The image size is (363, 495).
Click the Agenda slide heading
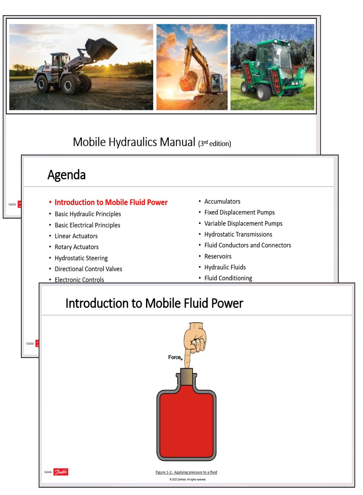66,175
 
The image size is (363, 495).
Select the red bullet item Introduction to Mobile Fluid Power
111,202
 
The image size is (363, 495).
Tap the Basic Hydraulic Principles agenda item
88,214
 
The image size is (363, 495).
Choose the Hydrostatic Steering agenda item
81,258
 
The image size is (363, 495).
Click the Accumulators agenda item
222,201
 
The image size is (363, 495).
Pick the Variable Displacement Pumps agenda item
243,223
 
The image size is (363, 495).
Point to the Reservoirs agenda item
218,256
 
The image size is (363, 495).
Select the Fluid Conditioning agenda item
228,278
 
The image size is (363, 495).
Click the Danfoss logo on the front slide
61,472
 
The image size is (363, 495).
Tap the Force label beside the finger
175,357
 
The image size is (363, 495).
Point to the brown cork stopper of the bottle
187,376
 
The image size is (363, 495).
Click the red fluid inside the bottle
186,425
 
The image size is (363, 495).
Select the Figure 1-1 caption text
186,472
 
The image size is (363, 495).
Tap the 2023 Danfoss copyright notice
188,480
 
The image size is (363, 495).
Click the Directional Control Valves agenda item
88,269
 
